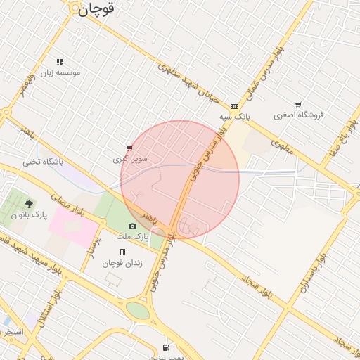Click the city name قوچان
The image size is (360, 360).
point(96,9)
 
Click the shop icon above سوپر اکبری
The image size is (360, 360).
point(129,148)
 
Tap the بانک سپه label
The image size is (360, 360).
point(234,116)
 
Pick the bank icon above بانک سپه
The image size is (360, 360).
point(234,106)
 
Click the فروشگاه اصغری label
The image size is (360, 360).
point(299,115)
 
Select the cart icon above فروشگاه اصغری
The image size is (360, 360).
point(298,104)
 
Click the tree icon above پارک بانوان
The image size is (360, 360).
point(29,204)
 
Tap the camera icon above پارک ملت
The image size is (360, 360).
point(132,226)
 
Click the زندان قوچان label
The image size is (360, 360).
point(122,263)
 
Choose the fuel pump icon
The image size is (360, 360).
point(166,347)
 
